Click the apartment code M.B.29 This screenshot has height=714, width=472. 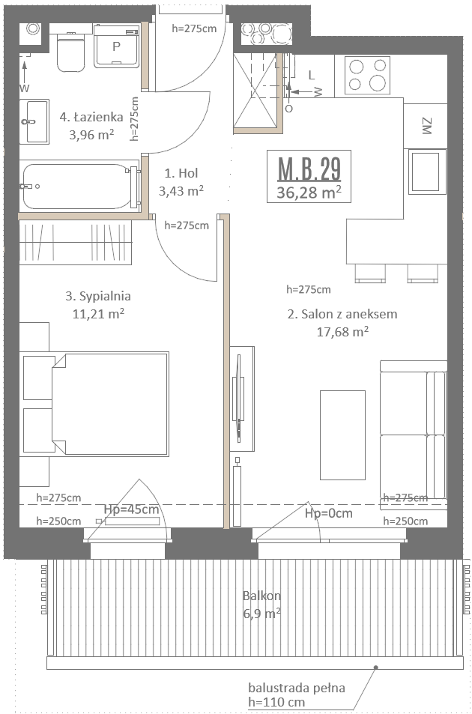tap(309, 169)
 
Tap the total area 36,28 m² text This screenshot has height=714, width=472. tap(309, 192)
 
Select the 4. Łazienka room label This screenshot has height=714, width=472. tap(91, 117)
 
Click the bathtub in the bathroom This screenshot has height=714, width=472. tap(80, 187)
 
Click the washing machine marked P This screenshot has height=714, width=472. tap(117, 46)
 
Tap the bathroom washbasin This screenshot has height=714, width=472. tap(34, 121)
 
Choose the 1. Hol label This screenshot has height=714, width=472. tap(181, 173)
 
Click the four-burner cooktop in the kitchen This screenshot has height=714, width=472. tap(367, 75)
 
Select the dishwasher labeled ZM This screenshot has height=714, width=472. tap(426, 126)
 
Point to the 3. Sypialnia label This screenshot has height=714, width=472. tap(98, 296)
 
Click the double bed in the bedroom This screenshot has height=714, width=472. tap(110, 404)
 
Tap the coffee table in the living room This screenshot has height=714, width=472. tap(342, 435)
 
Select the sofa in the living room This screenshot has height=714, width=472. tap(414, 435)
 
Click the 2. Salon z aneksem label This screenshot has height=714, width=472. tap(342, 314)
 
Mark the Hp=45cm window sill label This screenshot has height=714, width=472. tap(132, 509)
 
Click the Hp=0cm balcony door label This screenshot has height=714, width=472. tap(329, 513)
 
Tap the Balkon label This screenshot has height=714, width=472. tap(261, 596)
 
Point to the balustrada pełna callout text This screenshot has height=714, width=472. tap(297, 688)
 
